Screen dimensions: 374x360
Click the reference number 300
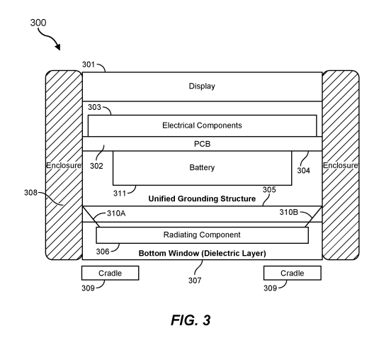[x=38, y=23]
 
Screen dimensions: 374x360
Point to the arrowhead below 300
[x=57, y=46]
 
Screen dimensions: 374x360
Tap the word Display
[x=202, y=86]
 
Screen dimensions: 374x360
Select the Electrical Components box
[x=203, y=125]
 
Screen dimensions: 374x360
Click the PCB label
[x=203, y=144]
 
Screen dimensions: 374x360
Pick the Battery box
[x=203, y=168]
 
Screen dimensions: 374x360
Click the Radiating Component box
[x=203, y=235]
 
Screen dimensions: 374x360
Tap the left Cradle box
[x=110, y=273]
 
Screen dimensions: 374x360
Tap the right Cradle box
[x=293, y=273]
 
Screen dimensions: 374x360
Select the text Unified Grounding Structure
[x=202, y=198]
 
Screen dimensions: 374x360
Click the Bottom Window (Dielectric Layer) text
[x=203, y=253]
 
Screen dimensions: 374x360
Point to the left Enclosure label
[x=64, y=165]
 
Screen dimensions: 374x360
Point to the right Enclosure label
[x=341, y=165]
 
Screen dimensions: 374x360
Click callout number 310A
[x=116, y=213]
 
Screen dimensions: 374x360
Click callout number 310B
[x=289, y=212]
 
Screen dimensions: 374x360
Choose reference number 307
[x=195, y=281]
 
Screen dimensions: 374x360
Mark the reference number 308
[x=30, y=193]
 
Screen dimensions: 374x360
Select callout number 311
[x=120, y=193]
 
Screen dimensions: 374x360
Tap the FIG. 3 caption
[x=191, y=320]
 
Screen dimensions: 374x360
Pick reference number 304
[x=304, y=170]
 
